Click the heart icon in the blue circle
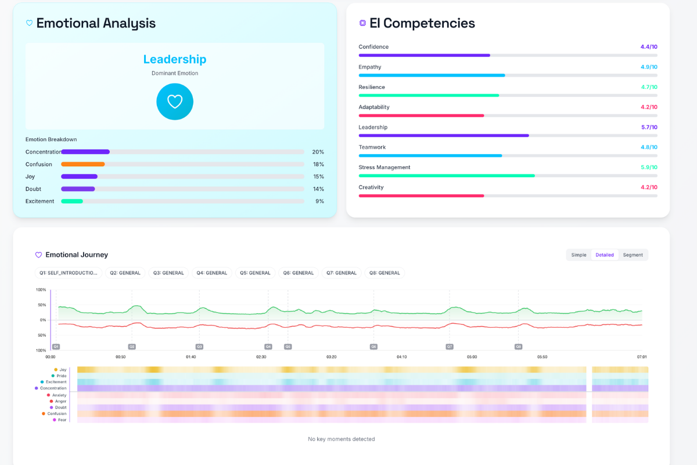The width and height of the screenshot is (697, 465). tap(175, 102)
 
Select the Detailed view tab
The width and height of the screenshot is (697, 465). tap(604, 255)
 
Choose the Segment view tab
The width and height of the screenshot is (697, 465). tap(633, 255)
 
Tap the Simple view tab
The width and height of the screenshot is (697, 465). tap(579, 255)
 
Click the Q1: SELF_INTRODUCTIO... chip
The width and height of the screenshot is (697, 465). tap(68, 273)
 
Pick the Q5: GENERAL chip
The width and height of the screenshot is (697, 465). tap(255, 273)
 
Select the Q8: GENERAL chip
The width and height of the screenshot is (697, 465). tap(385, 273)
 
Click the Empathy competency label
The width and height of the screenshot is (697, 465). tap(370, 67)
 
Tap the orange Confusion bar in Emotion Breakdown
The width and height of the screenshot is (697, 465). tap(83, 164)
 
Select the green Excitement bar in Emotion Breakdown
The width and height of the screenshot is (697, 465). tap(72, 201)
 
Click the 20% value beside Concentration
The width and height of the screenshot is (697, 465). tap(318, 152)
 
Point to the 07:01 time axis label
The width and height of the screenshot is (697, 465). tap(641, 357)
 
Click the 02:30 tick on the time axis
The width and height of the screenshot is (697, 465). tap(261, 357)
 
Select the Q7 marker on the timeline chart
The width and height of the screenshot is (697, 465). tap(449, 346)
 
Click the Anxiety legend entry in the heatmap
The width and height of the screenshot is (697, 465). tap(59, 395)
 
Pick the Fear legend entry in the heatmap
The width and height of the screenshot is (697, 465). tap(62, 420)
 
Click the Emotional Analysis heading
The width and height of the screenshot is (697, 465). tap(96, 23)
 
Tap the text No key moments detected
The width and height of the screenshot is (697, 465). tap(341, 439)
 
